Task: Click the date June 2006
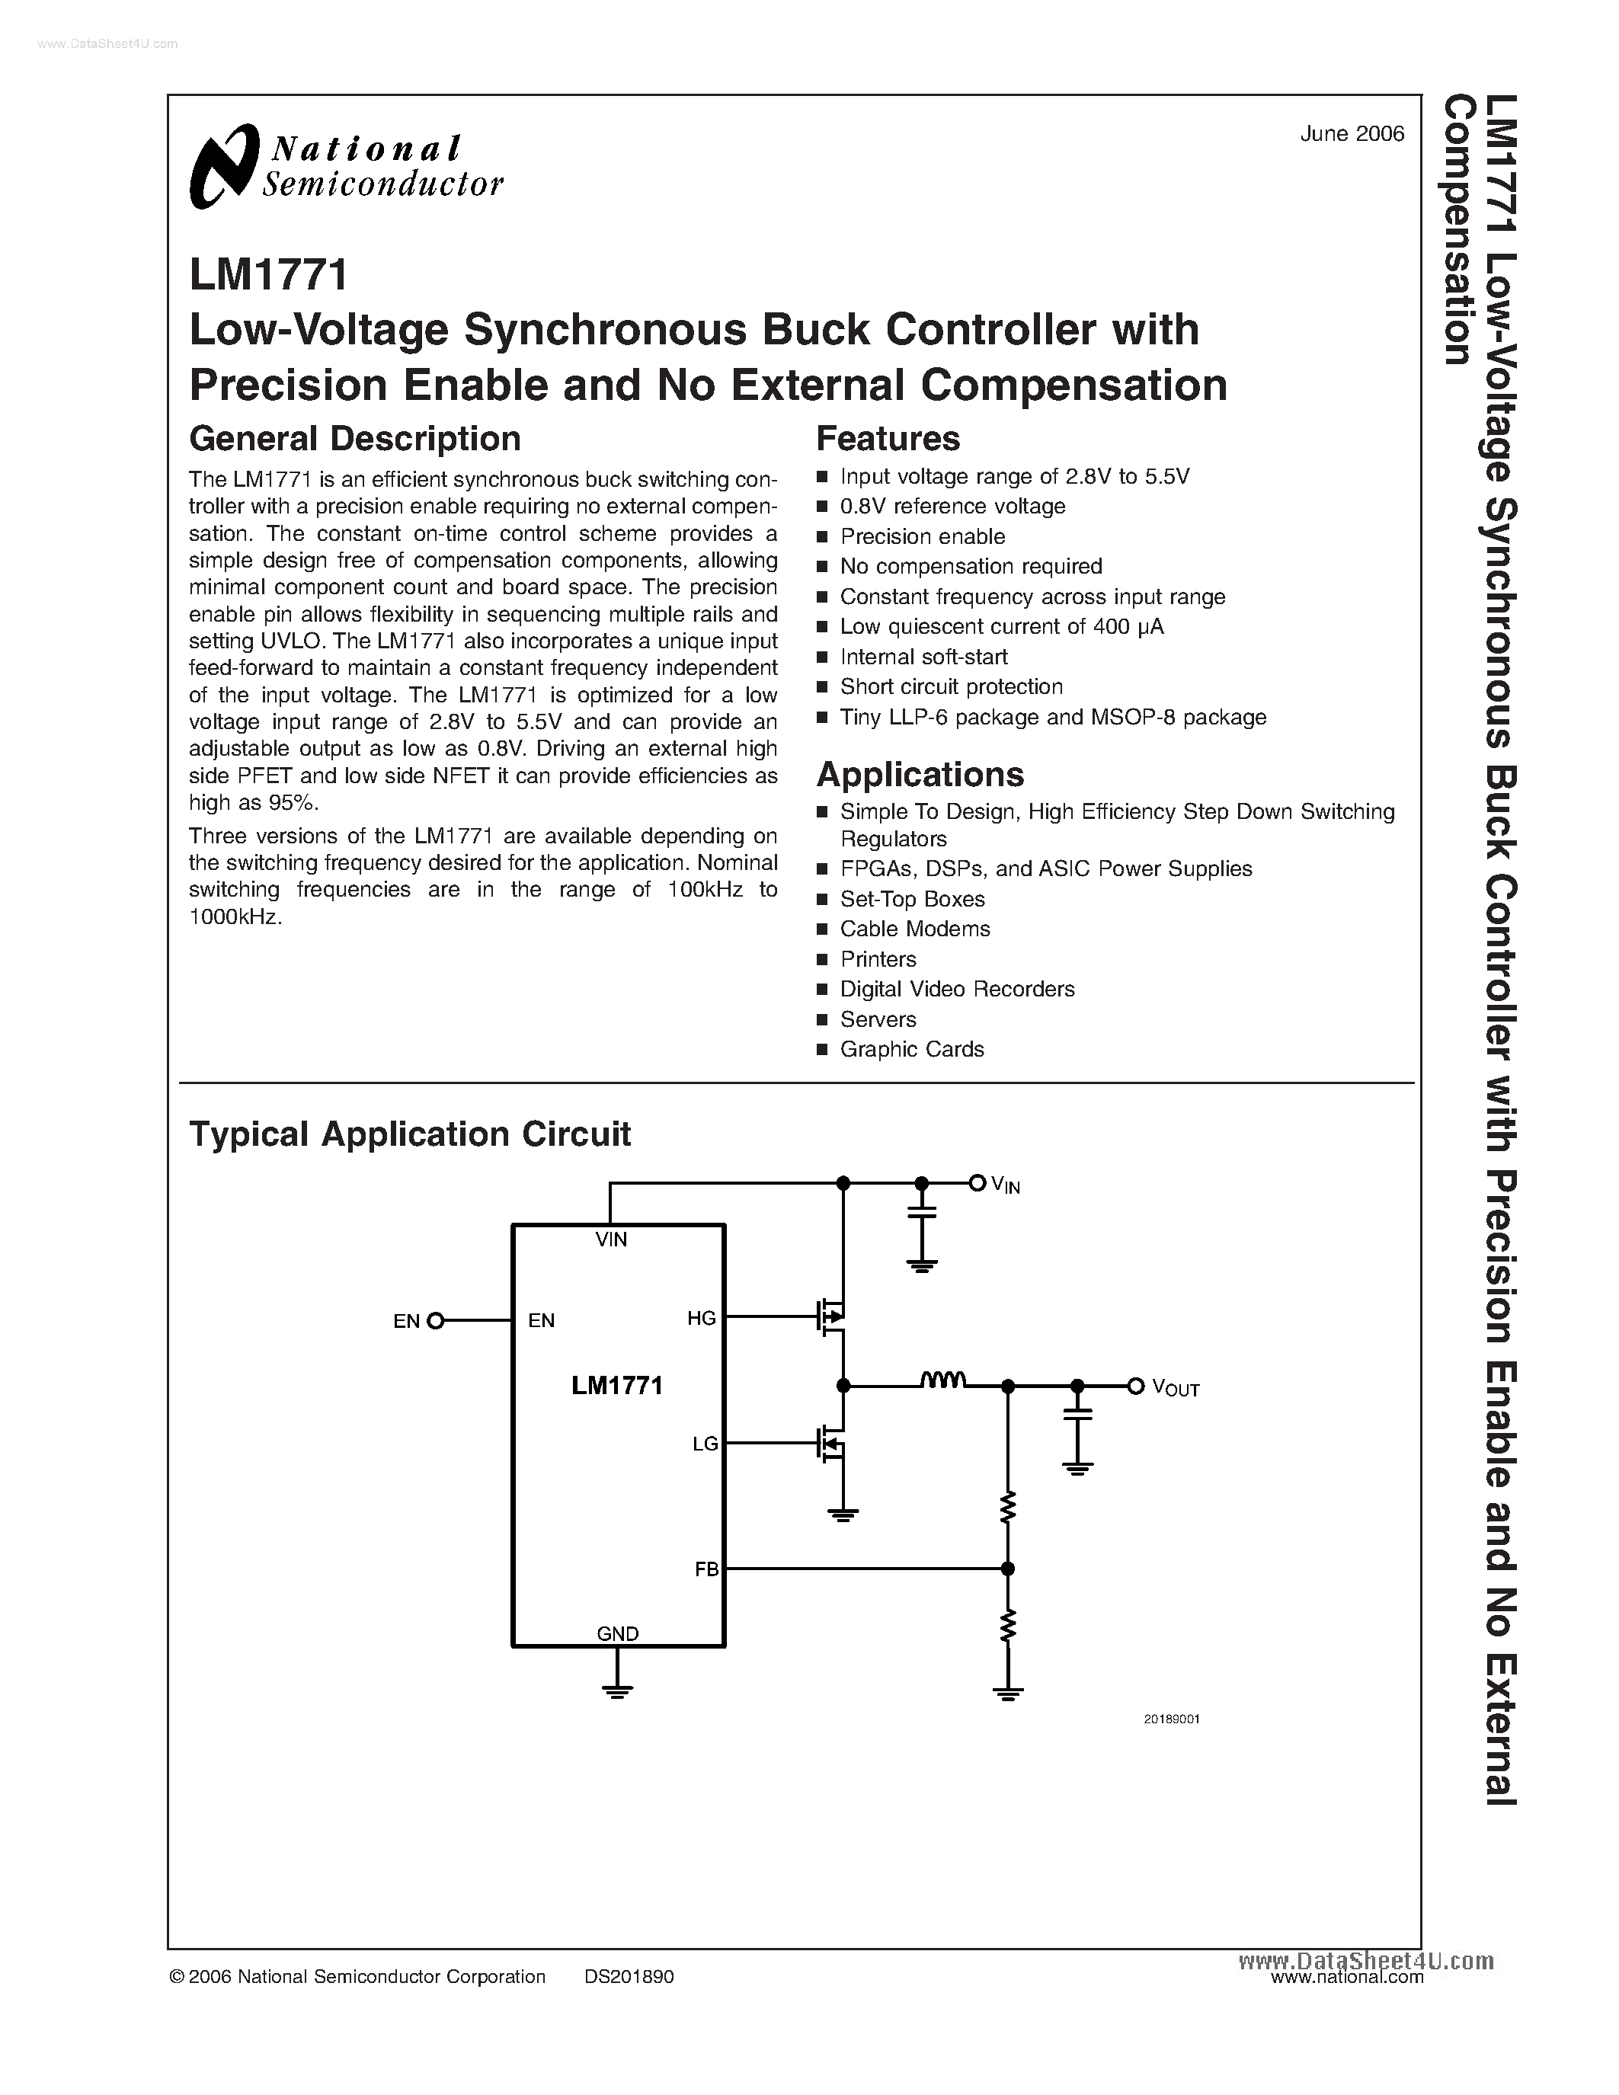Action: click(x=1352, y=134)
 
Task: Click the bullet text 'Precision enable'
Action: click(x=922, y=536)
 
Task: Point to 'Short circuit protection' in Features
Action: click(x=951, y=687)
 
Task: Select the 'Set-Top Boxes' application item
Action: click(x=911, y=899)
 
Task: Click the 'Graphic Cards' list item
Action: click(x=911, y=1050)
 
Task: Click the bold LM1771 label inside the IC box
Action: click(x=616, y=1385)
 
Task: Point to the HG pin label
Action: click(x=701, y=1318)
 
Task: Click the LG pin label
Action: click(x=705, y=1444)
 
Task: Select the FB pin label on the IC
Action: click(x=707, y=1569)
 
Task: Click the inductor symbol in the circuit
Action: click(x=942, y=1380)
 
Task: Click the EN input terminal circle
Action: click(x=436, y=1321)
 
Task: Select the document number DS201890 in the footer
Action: click(x=629, y=1976)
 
